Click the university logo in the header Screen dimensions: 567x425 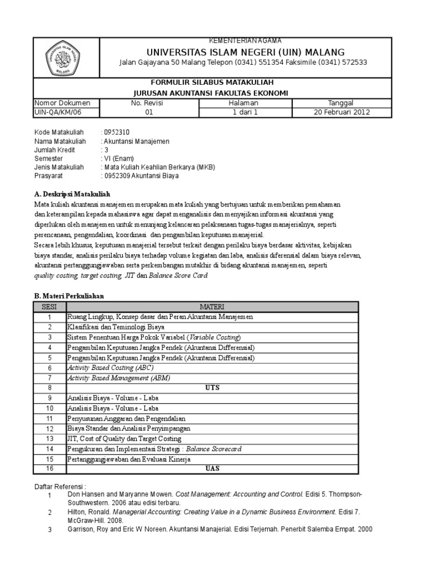(x=66, y=57)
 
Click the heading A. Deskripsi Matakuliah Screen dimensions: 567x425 (x=72, y=194)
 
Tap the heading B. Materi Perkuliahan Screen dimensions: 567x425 (x=69, y=296)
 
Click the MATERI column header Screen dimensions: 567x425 (x=212, y=307)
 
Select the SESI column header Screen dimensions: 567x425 (x=49, y=307)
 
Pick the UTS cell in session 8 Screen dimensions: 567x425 (x=212, y=388)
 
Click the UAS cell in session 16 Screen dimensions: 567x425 (x=212, y=469)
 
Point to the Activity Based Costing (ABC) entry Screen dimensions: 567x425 (x=110, y=368)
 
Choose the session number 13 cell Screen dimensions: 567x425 (x=49, y=439)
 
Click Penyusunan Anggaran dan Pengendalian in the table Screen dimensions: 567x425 (x=126, y=419)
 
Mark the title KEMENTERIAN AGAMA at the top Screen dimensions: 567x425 (x=244, y=41)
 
